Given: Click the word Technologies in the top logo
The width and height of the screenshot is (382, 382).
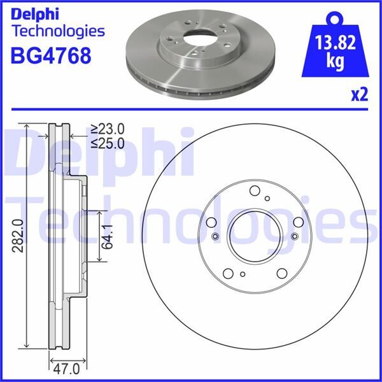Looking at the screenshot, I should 57,31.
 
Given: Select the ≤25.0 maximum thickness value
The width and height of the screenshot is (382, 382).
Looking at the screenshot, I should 107,143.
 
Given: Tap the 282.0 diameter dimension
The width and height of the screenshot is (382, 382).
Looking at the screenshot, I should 18,236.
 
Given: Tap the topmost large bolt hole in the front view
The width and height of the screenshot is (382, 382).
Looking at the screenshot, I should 255,190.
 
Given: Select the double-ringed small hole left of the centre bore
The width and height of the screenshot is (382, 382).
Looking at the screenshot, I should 215,237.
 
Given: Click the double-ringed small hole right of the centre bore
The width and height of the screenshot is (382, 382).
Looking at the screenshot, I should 294,237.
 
